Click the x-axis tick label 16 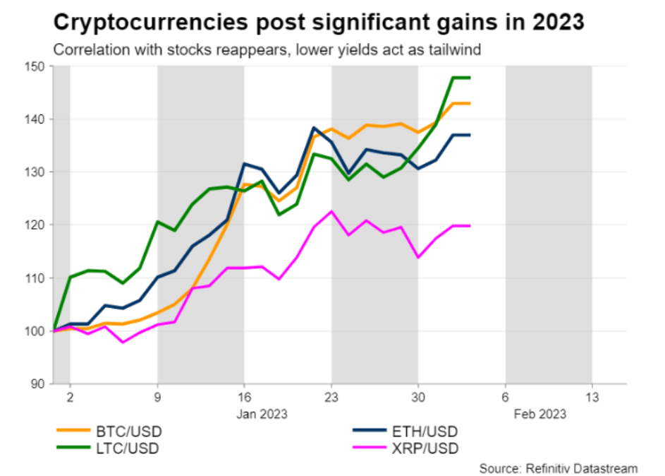(244, 397)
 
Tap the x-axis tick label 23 (331, 397)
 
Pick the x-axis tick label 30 (418, 397)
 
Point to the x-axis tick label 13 (592, 397)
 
